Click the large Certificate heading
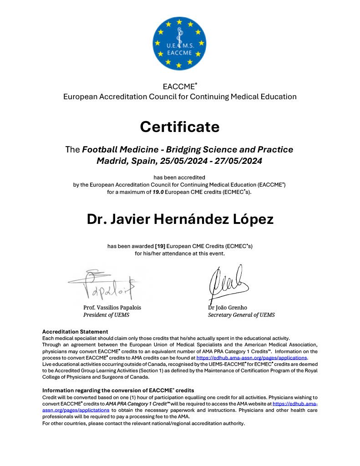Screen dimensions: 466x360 (x=180, y=127)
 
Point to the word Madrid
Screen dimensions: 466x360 (x=112, y=161)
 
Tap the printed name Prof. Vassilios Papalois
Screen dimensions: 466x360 (x=112, y=308)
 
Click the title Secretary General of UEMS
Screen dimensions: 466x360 (x=241, y=315)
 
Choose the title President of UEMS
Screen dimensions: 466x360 (x=106, y=315)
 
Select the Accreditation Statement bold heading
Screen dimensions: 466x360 (x=75, y=332)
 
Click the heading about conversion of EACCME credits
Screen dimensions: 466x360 (x=118, y=390)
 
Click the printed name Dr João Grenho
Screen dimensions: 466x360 (x=228, y=308)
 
